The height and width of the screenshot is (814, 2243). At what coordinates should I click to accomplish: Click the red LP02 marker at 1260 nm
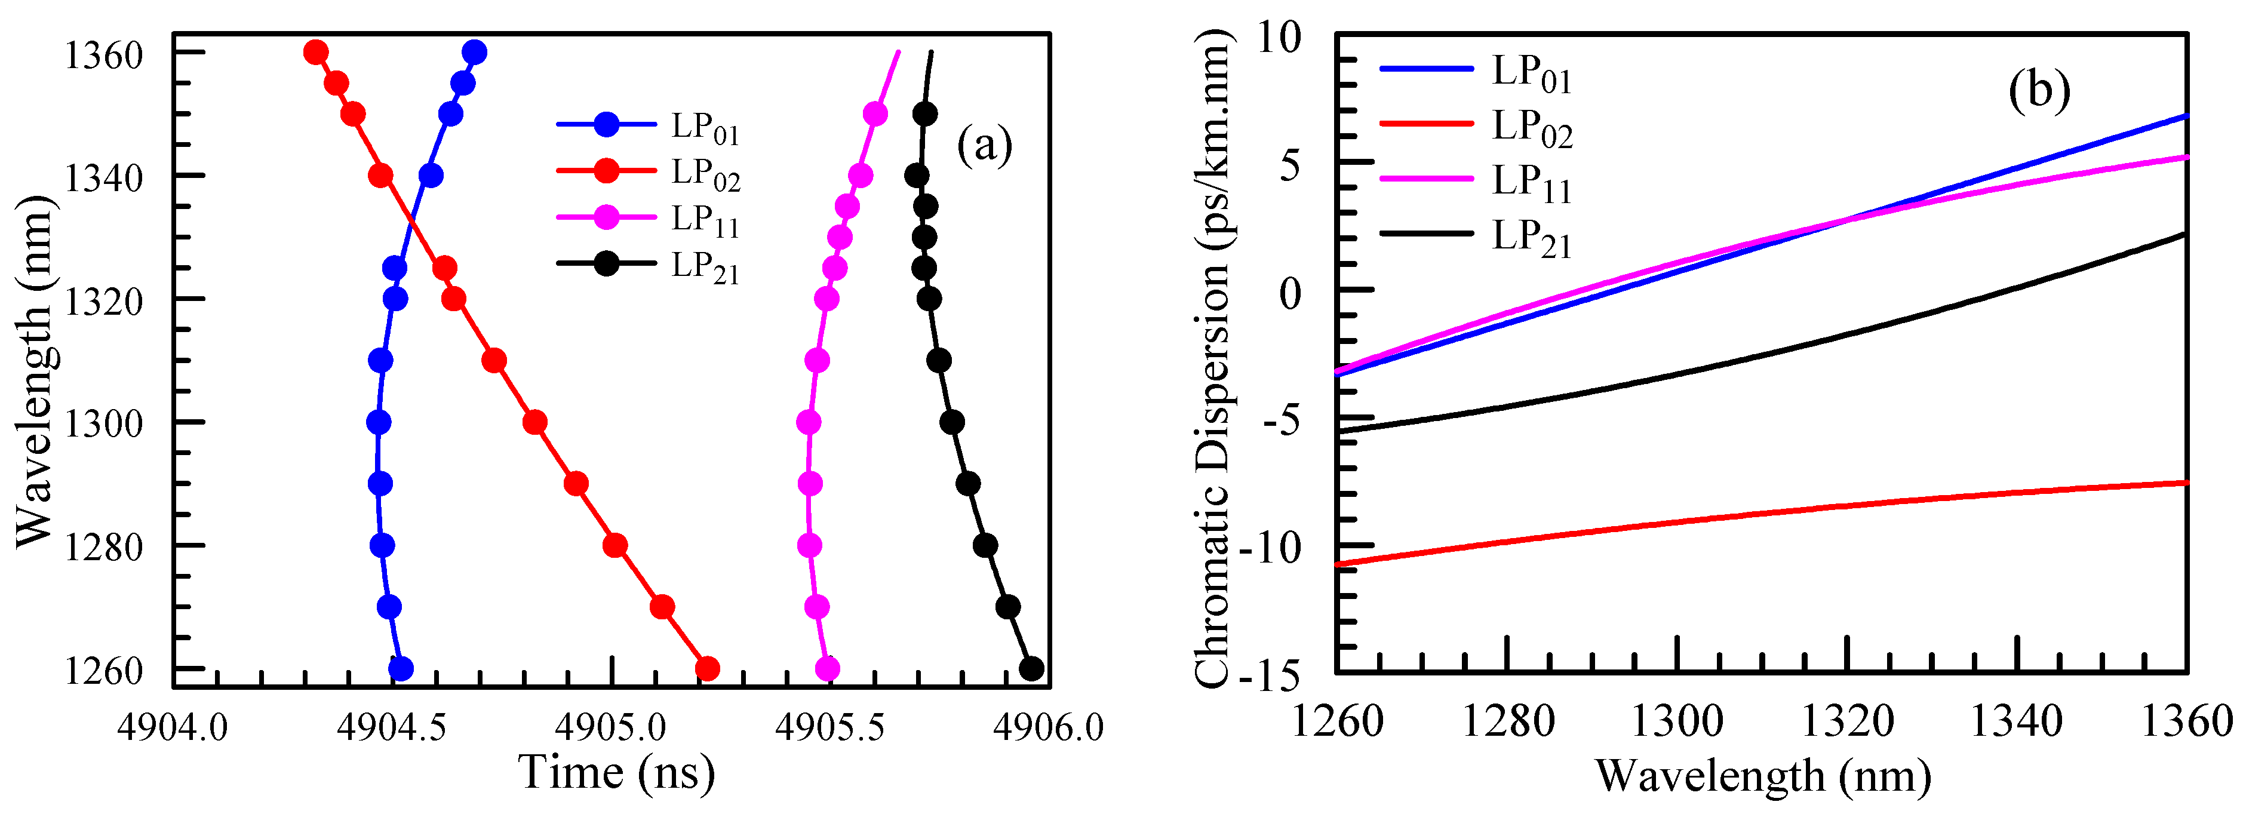[707, 669]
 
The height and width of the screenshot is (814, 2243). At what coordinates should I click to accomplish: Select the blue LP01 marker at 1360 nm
[475, 52]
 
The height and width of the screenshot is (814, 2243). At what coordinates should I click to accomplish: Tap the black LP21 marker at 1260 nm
[1031, 669]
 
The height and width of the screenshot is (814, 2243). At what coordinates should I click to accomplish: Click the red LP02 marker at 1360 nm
[316, 52]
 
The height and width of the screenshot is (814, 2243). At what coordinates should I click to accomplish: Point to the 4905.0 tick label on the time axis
[612, 727]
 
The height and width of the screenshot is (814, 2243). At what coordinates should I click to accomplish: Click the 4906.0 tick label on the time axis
[1049, 727]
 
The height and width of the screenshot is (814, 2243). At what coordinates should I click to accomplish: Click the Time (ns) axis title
[616, 772]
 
